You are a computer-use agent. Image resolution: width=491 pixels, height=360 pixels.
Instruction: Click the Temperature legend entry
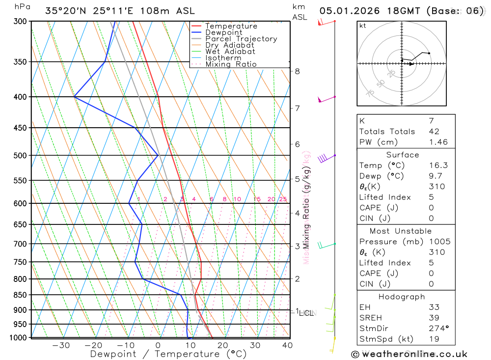point(231,26)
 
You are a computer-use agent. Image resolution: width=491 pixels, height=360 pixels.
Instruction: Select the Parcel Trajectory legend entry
point(241,39)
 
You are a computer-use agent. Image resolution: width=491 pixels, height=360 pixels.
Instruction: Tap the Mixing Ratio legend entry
point(231,64)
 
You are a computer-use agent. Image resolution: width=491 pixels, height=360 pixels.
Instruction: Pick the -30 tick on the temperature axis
point(61,345)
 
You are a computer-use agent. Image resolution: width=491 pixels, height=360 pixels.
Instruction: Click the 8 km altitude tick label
point(297,71)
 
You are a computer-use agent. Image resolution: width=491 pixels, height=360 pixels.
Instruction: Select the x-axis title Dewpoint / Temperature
point(168,354)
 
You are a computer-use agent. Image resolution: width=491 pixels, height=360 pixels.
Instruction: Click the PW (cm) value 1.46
point(438,142)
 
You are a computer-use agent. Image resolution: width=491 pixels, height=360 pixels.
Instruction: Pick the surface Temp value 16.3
point(438,166)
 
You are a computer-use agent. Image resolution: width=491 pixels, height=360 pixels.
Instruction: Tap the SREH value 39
point(434,318)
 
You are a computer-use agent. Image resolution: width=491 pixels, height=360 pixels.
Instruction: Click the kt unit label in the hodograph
point(363,26)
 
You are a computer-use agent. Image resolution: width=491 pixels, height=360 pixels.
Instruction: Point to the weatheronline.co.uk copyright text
point(409,354)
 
